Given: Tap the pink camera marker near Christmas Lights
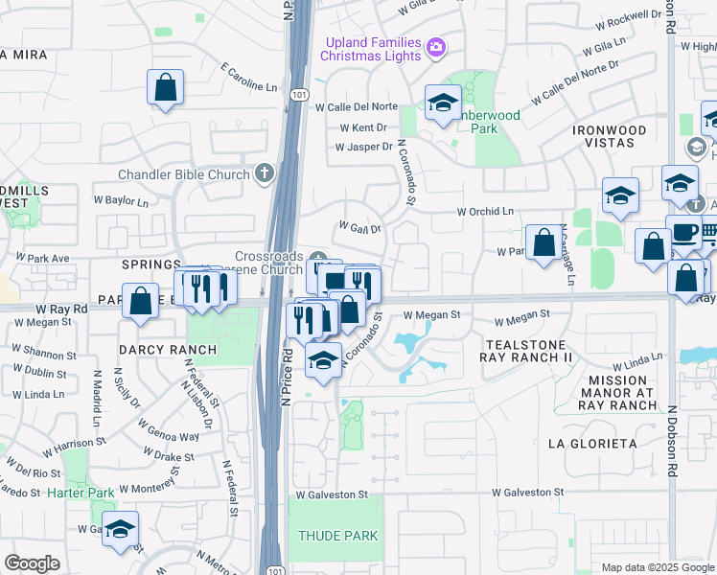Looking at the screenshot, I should (x=435, y=47).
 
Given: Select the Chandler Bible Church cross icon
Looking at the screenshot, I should (x=265, y=173).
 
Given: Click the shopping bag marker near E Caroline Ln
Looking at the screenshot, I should (x=166, y=87).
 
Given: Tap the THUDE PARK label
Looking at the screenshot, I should (x=336, y=536).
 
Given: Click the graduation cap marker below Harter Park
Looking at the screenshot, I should (x=121, y=529).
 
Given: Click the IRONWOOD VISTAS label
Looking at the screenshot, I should (x=609, y=135).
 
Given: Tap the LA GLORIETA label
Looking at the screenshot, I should (x=592, y=444).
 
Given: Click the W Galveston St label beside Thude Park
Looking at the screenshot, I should (x=332, y=494).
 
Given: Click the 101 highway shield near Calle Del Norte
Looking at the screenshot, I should (x=298, y=95).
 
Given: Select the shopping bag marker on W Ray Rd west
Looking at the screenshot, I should (x=140, y=301).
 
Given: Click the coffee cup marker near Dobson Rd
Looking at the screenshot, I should (x=683, y=233).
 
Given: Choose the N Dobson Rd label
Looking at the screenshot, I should (x=673, y=435).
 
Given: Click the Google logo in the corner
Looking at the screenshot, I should (x=32, y=563).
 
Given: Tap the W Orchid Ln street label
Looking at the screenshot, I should (x=485, y=211).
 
